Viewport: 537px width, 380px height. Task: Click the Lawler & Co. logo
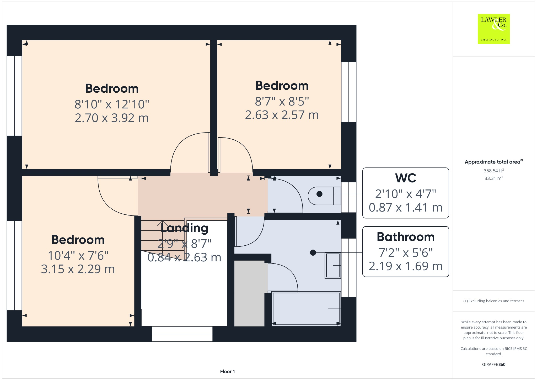tap(493, 29)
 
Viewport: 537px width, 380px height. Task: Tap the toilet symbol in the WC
tap(324, 196)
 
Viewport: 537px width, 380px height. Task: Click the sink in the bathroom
tap(333, 265)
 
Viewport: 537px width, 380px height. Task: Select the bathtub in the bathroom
tap(306, 309)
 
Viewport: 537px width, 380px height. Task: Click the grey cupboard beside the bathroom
tap(249, 293)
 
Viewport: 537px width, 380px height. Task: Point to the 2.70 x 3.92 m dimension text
tap(112, 118)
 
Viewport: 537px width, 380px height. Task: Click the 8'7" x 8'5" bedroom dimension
tap(282, 101)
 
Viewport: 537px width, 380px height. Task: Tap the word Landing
tap(184, 228)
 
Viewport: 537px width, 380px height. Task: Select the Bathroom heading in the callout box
tap(405, 237)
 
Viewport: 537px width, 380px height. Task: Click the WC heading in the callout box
tap(405, 178)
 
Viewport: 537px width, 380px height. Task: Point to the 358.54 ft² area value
tap(493, 171)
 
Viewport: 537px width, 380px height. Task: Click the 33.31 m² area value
tap(493, 178)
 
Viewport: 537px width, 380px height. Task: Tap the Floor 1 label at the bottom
tap(227, 371)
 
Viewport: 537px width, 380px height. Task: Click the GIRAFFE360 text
tap(493, 364)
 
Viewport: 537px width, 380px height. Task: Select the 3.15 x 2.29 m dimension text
tap(78, 269)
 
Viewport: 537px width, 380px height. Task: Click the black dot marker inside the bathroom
tap(313, 252)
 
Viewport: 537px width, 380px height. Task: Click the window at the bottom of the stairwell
tap(182, 334)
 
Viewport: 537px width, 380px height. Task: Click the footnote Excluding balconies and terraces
tap(493, 301)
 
